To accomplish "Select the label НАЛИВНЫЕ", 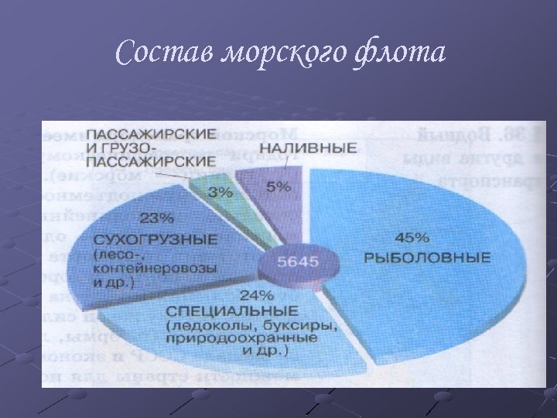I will (x=308, y=147).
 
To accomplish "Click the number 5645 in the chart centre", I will (x=298, y=262).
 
